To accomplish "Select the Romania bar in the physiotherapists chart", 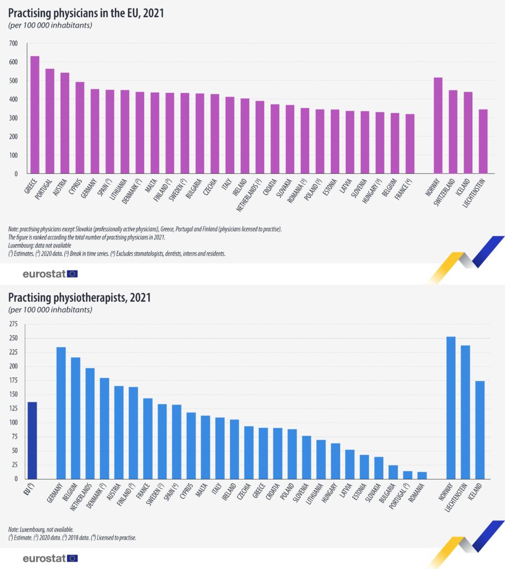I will pos(422,475).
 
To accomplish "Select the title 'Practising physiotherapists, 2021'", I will pos(79,297).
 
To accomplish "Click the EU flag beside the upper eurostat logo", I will pos(72,273).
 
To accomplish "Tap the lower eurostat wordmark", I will pos(43,558).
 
